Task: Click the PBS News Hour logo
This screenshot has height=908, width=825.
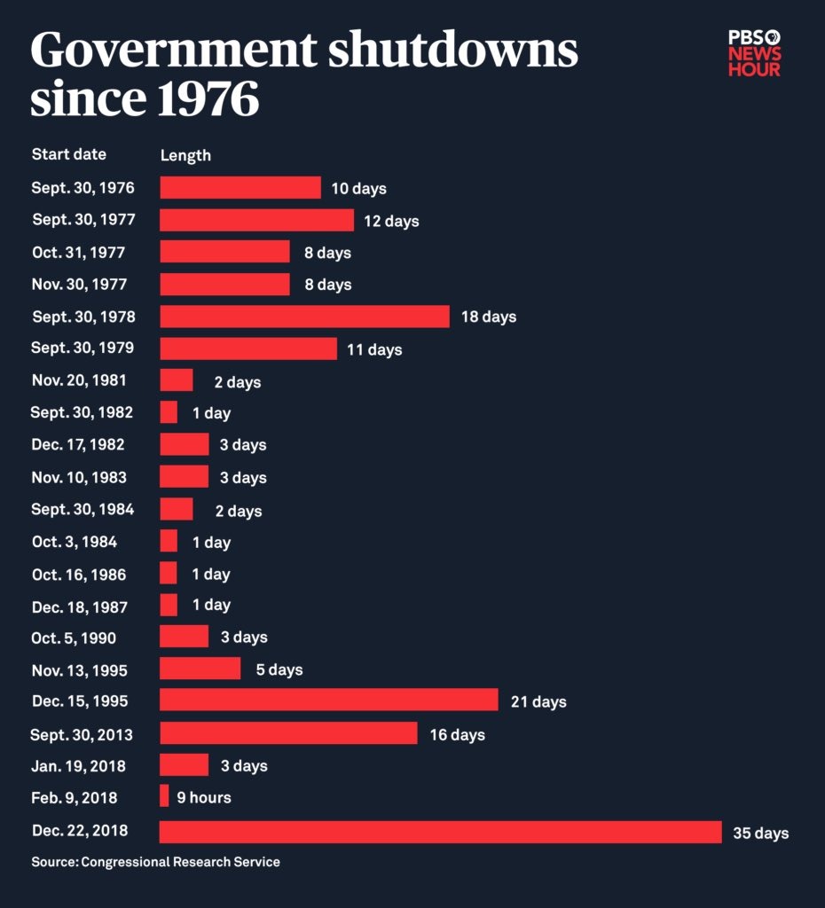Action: [x=754, y=52]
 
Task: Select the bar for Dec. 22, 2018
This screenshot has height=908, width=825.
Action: [x=440, y=832]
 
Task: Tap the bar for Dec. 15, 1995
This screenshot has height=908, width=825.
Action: [x=328, y=701]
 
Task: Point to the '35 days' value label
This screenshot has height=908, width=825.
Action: [x=760, y=834]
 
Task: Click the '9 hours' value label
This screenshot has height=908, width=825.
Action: [x=203, y=798]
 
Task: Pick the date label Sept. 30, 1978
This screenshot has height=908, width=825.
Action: [x=83, y=317]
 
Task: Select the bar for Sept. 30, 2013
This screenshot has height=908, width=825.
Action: [x=288, y=733]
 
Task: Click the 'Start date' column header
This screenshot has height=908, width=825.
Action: [x=68, y=154]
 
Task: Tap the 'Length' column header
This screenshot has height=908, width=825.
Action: [x=185, y=155]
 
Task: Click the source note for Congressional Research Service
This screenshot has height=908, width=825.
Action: [x=155, y=862]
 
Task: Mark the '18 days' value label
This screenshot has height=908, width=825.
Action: [x=488, y=317]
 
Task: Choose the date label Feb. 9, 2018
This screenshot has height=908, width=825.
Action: [x=74, y=798]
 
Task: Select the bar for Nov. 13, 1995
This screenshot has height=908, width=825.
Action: [x=200, y=669]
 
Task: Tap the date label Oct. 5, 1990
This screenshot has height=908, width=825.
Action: [x=74, y=638]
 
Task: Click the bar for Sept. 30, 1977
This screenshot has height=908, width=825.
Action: [x=256, y=220]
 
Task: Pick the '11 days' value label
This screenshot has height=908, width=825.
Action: [x=374, y=349]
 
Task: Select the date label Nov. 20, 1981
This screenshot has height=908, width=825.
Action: [x=79, y=380]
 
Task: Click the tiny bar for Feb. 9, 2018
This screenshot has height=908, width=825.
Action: [x=164, y=796]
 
